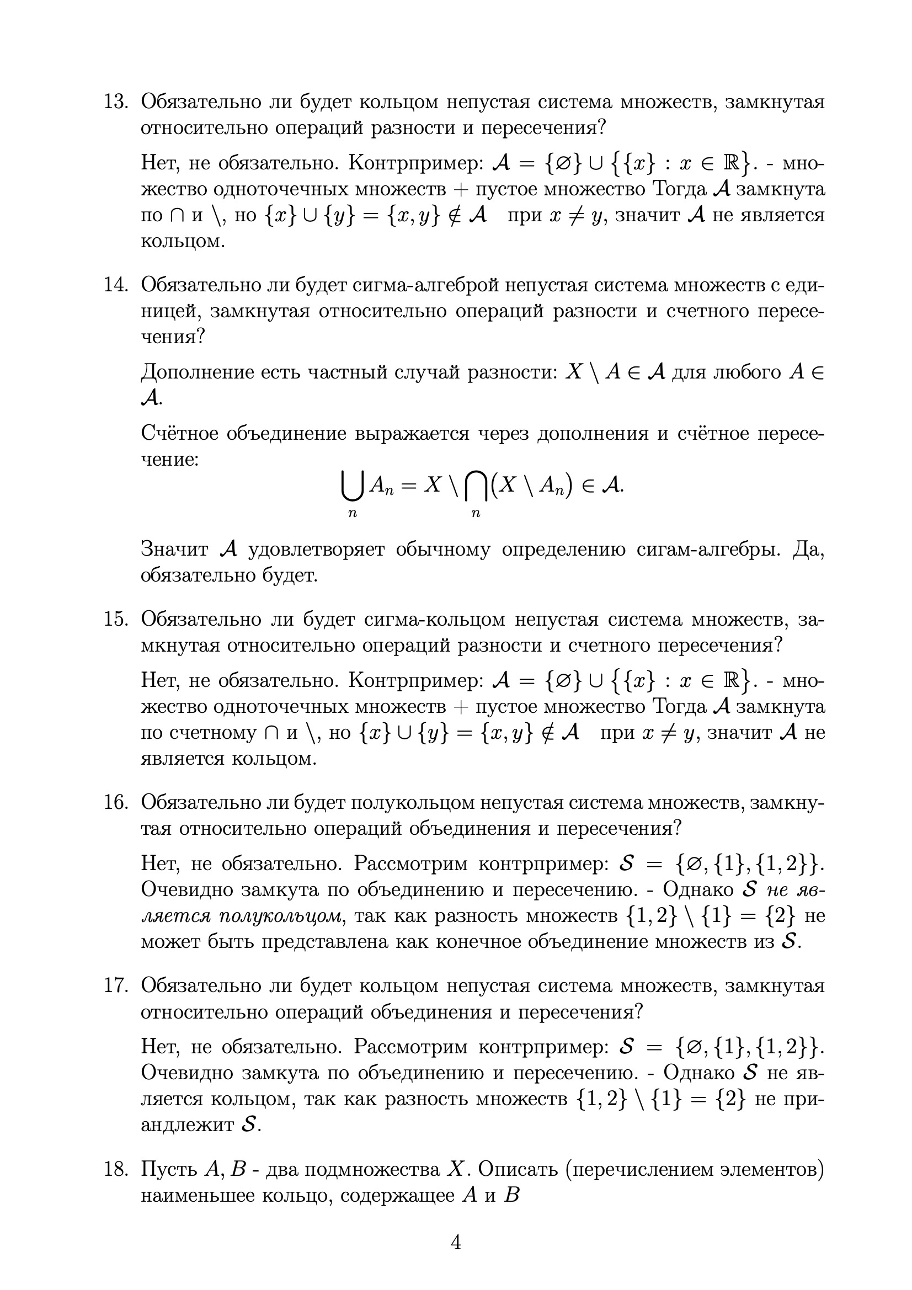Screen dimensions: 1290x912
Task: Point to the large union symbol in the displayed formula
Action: [352, 486]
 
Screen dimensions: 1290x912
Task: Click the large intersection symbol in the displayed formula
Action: [476, 486]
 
